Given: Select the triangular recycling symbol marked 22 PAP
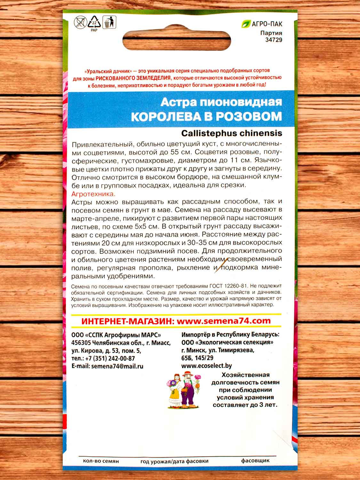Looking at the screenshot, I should (x=94, y=23).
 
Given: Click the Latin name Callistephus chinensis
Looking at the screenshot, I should (x=231, y=133).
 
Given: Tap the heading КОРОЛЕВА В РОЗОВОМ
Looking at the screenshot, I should (x=207, y=116).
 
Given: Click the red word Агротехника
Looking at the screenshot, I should (x=93, y=194).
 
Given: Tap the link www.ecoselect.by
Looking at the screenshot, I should (x=206, y=365).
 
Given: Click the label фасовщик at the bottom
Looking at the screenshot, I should (x=255, y=460).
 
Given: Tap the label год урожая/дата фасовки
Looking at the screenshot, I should (x=174, y=461).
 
